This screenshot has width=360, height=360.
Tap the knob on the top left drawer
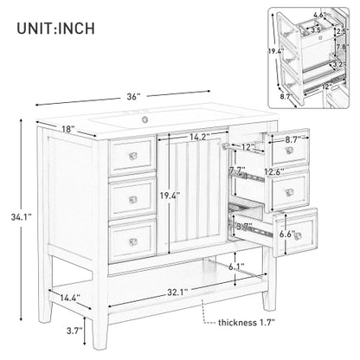pyautogui.click(x=132, y=154)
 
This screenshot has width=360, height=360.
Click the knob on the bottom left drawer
pyautogui.click(x=132, y=235)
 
